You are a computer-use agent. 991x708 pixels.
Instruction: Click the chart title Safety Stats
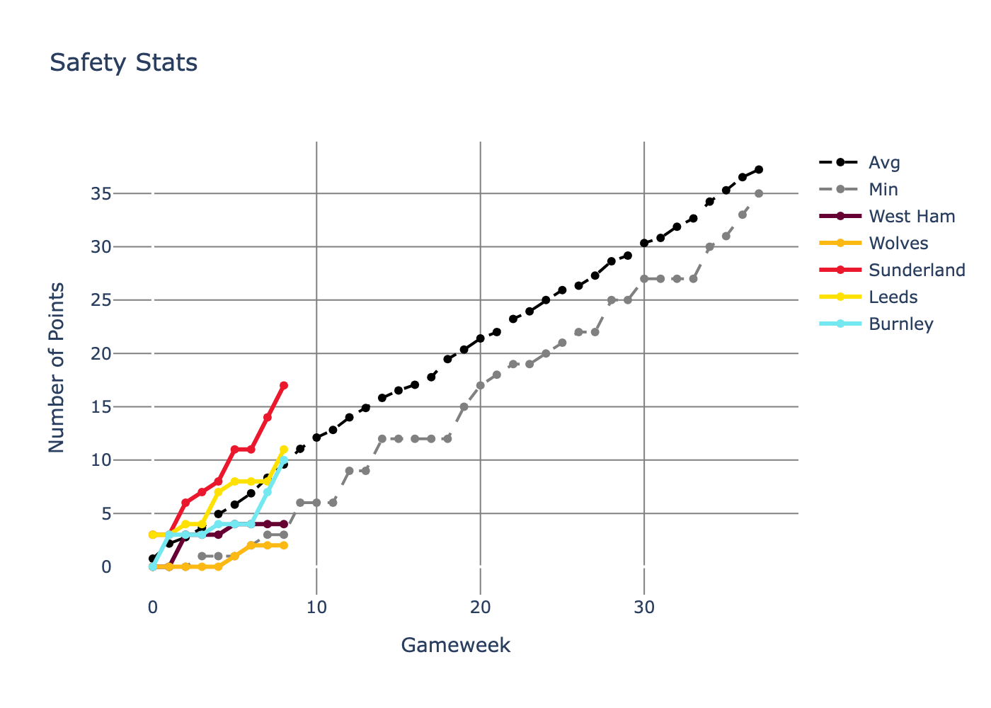(124, 63)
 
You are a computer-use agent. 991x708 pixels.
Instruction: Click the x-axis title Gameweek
(455, 645)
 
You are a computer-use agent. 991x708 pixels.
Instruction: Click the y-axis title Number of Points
(57, 367)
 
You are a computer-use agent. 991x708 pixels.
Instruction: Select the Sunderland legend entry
(916, 270)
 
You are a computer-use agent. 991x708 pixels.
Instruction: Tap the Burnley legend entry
(900, 324)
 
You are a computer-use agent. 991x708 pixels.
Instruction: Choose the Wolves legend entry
(898, 244)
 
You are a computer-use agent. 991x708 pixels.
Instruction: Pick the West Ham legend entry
(911, 217)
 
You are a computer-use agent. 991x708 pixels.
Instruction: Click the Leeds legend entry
(893, 297)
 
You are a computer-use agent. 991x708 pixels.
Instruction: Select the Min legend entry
(883, 190)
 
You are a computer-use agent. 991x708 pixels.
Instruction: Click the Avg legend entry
(884, 163)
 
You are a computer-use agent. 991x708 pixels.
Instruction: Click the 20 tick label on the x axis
(481, 607)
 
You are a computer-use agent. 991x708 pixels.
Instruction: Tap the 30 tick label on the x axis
(644, 607)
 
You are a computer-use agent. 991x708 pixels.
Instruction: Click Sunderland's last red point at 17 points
(284, 385)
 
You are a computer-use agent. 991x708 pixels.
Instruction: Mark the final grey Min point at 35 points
(759, 193)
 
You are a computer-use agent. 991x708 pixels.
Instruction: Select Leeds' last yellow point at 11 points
(284, 450)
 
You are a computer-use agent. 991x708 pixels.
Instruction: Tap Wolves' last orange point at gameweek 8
(284, 546)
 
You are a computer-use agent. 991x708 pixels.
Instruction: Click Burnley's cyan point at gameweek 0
(153, 566)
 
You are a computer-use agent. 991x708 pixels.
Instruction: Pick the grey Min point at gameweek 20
(481, 386)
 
